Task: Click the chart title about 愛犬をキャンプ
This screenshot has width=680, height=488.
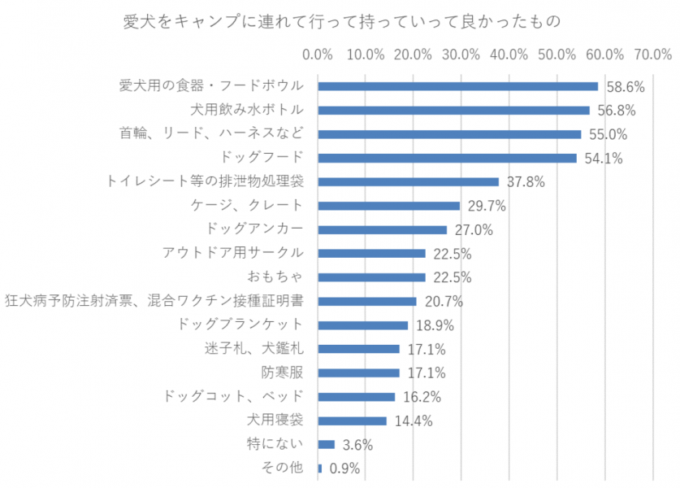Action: [x=341, y=20]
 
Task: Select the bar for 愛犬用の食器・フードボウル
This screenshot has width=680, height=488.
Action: [x=457, y=86]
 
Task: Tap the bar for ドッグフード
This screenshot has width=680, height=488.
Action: [x=447, y=158]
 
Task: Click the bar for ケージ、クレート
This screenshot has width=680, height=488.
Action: [x=388, y=206]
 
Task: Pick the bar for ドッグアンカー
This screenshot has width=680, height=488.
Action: [x=382, y=229]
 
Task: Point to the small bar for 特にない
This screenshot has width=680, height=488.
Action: [x=327, y=444]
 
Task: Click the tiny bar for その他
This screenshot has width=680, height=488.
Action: [x=320, y=468]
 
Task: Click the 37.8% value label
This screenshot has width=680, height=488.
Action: [x=524, y=182]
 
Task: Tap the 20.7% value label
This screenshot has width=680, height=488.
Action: [x=443, y=302]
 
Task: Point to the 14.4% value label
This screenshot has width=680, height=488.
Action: [x=413, y=421]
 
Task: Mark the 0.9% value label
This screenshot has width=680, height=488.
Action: [x=344, y=468]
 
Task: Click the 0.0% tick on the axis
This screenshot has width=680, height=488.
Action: [x=318, y=54]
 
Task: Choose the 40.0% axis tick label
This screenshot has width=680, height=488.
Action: [x=509, y=54]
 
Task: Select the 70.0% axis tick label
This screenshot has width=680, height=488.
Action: [x=653, y=54]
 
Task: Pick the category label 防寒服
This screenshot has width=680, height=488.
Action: [x=282, y=373]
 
